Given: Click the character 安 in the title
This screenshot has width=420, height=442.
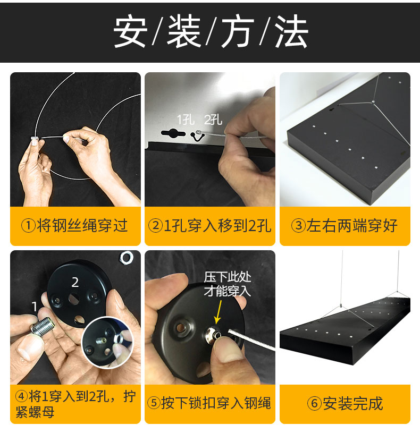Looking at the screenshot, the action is click(x=130, y=31).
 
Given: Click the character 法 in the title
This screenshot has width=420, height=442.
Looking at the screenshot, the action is click(x=291, y=31).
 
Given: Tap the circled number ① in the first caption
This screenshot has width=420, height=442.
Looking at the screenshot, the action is click(x=28, y=226).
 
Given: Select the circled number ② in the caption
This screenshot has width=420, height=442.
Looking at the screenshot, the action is click(x=155, y=226).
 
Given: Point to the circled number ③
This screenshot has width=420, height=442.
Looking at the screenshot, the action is click(x=298, y=226).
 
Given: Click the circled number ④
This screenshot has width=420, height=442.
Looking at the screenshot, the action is click(x=21, y=396).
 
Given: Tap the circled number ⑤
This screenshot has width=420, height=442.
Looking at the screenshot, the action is click(x=154, y=403).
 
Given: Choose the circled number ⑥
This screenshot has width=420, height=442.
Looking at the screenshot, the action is click(x=315, y=403).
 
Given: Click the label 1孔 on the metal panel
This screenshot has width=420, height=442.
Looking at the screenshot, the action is click(x=186, y=120).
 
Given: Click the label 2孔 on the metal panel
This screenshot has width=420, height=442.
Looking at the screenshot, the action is click(x=213, y=120).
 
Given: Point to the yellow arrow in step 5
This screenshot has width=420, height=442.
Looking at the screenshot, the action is click(x=219, y=312).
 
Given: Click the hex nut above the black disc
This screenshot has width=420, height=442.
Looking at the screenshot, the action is click(x=127, y=257).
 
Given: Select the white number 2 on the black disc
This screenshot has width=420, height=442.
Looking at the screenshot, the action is click(x=75, y=282).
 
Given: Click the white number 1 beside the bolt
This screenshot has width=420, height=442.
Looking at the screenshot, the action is click(x=35, y=307).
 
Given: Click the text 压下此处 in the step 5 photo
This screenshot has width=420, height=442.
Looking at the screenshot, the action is click(x=228, y=277).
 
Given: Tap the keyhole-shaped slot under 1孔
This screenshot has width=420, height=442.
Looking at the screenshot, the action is click(x=173, y=133).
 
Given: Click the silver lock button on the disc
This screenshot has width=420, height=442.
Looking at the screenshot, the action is click(x=214, y=335).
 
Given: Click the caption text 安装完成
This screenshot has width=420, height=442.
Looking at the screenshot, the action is click(x=352, y=403).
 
